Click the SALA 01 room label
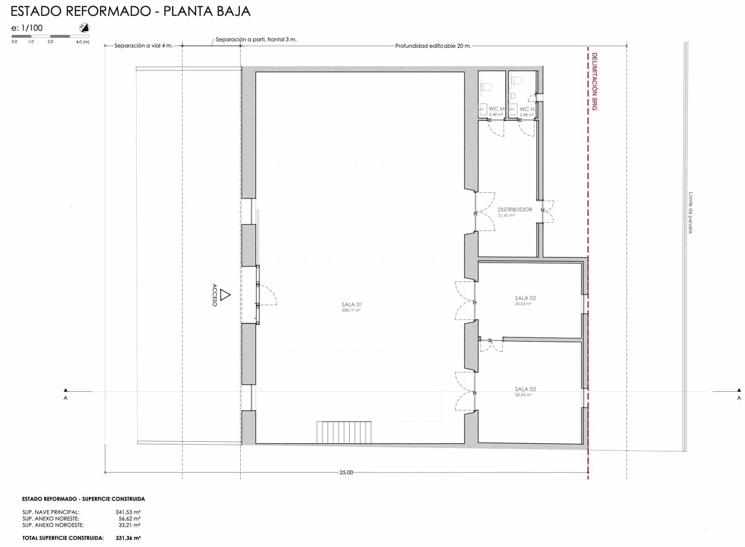[352, 305]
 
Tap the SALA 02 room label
[525, 298]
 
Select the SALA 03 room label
[525, 389]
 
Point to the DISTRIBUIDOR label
[515, 210]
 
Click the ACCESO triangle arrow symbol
[225, 295]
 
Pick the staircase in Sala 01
[344, 432]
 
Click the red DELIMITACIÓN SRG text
[595, 82]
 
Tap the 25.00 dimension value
[346, 473]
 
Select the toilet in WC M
[487, 86]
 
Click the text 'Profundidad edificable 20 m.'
[433, 46]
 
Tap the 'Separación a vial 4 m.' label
[143, 46]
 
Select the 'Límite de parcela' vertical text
[691, 213]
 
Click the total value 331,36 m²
[128, 538]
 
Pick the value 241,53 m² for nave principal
[128, 512]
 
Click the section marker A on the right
[739, 398]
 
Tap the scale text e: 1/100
[27, 28]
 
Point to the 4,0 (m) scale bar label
[83, 42]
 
